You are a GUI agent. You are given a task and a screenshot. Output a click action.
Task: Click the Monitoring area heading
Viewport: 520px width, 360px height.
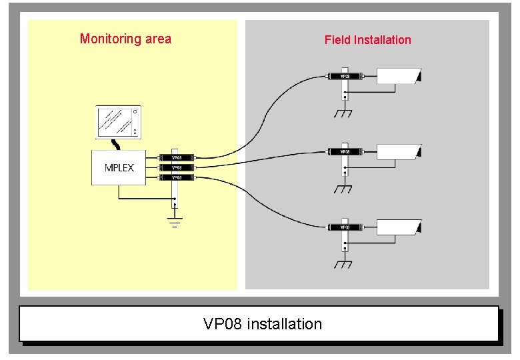click(x=125, y=39)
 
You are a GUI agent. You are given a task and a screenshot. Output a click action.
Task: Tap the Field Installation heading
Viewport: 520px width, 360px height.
click(x=367, y=40)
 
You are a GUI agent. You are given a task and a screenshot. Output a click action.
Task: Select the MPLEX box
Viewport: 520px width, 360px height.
click(x=119, y=167)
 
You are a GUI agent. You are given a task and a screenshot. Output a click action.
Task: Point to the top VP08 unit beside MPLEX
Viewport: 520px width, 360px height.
click(x=177, y=157)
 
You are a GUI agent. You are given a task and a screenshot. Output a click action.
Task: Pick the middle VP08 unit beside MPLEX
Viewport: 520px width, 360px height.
click(x=177, y=167)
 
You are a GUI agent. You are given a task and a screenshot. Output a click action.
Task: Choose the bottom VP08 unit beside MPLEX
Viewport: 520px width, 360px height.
click(x=177, y=177)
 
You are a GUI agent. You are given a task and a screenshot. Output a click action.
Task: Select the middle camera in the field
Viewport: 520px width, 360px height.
click(x=399, y=151)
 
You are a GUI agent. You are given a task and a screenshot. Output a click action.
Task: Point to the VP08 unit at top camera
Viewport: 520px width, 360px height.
click(x=345, y=76)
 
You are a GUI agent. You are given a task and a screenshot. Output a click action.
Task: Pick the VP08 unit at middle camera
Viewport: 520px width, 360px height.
click(x=345, y=152)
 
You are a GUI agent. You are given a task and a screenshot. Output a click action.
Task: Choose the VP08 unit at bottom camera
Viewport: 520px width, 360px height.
click(x=345, y=227)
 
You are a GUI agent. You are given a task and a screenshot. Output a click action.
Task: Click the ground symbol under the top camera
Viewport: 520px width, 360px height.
click(x=343, y=113)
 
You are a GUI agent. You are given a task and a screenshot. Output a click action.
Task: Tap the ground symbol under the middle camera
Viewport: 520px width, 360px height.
click(x=343, y=189)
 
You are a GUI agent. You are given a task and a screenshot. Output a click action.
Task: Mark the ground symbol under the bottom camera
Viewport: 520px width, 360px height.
click(x=343, y=265)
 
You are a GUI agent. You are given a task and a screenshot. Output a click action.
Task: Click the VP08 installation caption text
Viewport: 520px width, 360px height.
click(x=262, y=324)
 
